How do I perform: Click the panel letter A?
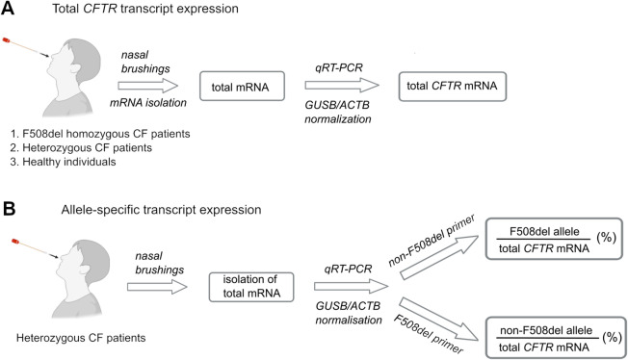(7, 8)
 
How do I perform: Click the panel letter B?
(9, 209)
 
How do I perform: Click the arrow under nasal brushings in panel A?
(147, 86)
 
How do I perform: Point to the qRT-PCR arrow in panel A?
(342, 85)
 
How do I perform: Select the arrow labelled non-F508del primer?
(439, 257)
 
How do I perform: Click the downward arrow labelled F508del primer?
(439, 320)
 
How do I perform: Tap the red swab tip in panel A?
(6, 39)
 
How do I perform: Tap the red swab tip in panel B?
(15, 242)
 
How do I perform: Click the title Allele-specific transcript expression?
(161, 210)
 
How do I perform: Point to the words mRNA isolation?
(148, 103)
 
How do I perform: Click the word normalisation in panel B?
(349, 320)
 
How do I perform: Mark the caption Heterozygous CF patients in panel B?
(81, 338)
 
